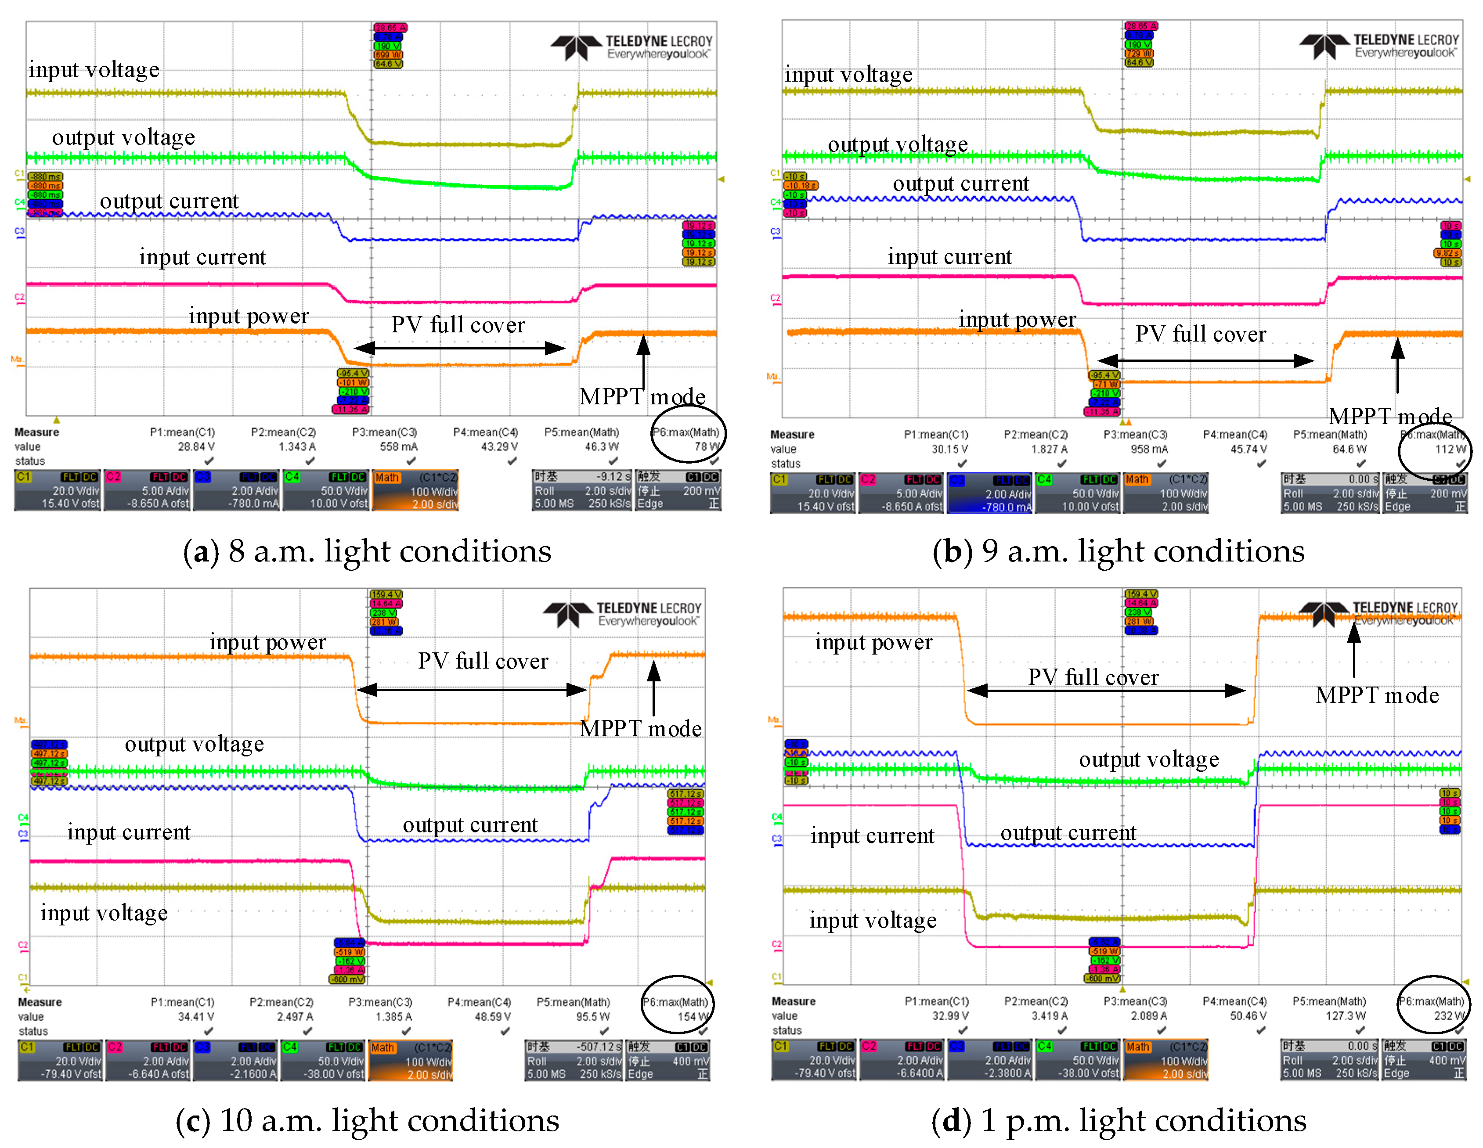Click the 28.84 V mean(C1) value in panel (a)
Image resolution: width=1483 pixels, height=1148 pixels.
tap(196, 447)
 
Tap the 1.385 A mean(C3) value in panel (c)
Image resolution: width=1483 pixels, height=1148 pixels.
tap(394, 1016)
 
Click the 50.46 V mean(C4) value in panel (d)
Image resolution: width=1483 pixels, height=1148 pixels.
tap(1248, 1015)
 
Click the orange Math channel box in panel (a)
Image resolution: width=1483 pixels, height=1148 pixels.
tap(415, 490)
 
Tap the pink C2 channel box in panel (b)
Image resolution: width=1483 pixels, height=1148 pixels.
tap(901, 493)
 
